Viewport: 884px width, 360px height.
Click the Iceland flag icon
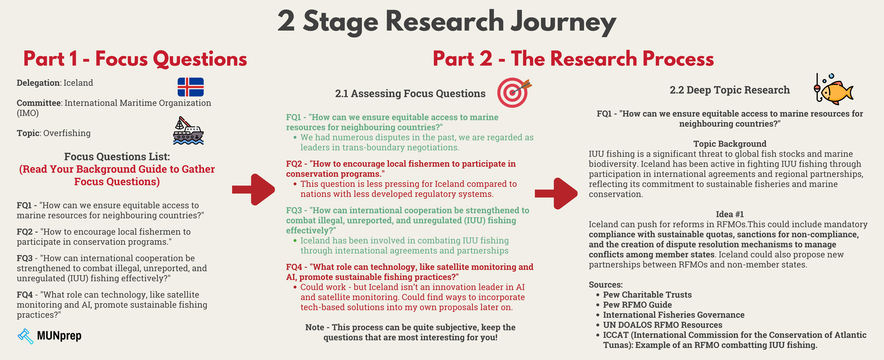click(x=190, y=87)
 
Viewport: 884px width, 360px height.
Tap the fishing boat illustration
click(x=188, y=131)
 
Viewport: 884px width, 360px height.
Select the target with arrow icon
click(x=513, y=92)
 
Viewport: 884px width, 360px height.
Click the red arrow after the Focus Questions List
click(x=254, y=189)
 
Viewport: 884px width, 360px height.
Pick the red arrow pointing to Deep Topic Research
click(x=556, y=193)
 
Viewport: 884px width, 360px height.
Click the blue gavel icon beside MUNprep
click(x=25, y=336)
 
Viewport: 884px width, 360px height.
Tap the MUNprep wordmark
click(x=59, y=336)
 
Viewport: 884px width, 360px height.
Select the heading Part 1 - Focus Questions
click(x=135, y=59)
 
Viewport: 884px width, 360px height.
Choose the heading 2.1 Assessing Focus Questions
click(x=410, y=94)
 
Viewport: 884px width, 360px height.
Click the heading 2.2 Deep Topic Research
click(x=729, y=90)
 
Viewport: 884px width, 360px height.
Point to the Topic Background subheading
click(x=730, y=144)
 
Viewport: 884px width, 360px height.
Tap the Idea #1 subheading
click(x=730, y=214)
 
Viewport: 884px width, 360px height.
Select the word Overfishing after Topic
click(x=67, y=133)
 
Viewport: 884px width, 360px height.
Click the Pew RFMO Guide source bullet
click(x=637, y=305)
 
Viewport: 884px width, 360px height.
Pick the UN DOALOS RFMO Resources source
click(x=662, y=325)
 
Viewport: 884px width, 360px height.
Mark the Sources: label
click(x=606, y=284)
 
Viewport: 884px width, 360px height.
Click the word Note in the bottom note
click(x=315, y=327)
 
